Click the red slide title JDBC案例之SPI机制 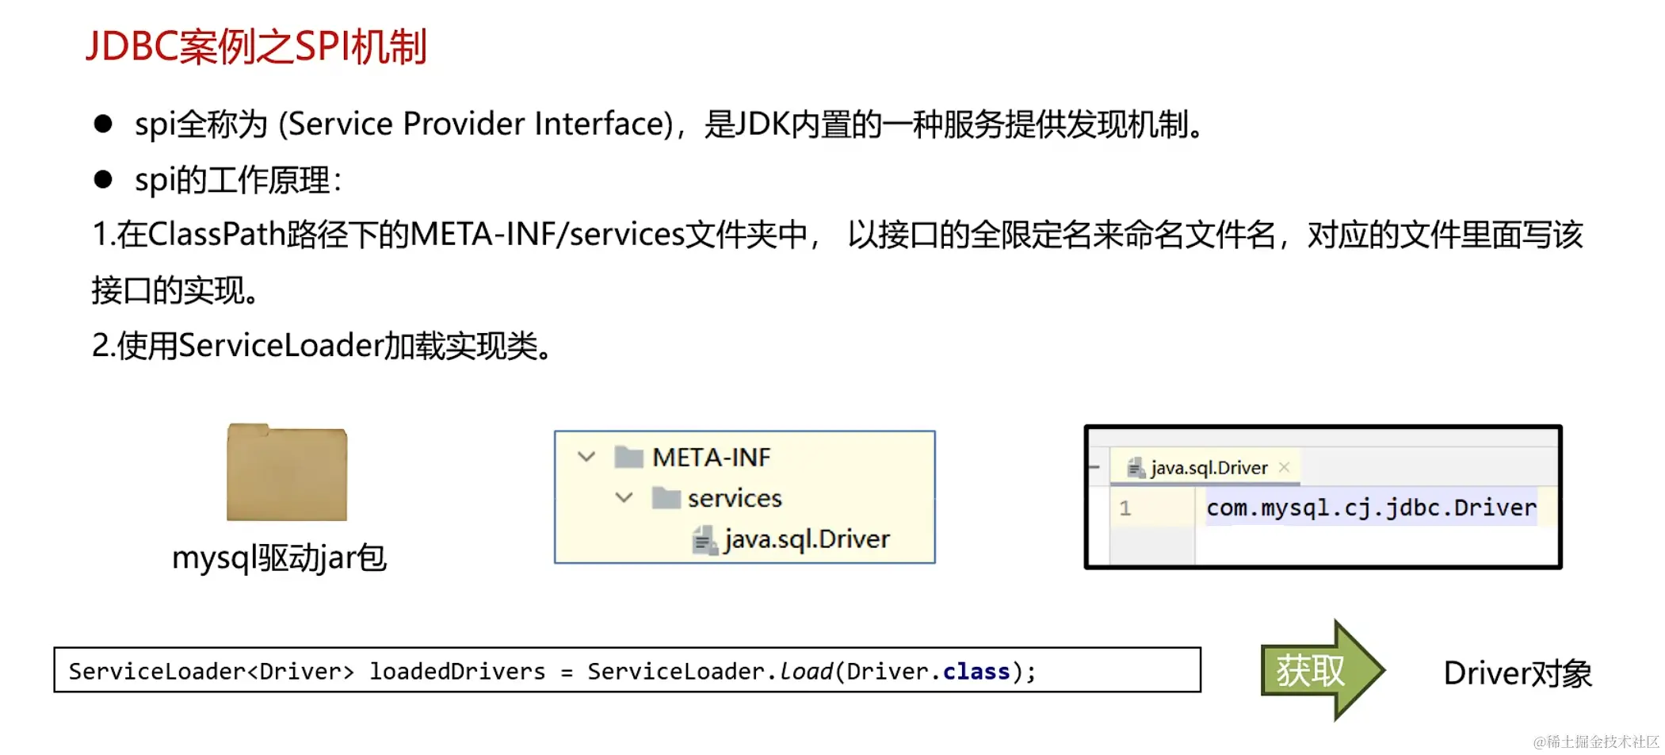[x=256, y=46]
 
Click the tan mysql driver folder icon [x=286, y=473]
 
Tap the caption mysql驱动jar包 [x=279, y=558]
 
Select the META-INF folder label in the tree [x=710, y=458]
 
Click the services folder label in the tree [x=734, y=498]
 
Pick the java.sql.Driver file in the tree [x=806, y=539]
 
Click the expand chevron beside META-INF [x=586, y=457]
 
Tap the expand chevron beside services [x=624, y=497]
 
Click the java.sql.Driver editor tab [x=1208, y=468]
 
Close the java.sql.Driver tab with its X [x=1285, y=467]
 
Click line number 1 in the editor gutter [x=1125, y=508]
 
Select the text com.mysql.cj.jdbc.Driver [x=1371, y=508]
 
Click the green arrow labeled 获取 [x=1320, y=671]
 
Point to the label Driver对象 [x=1517, y=673]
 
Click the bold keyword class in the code [x=976, y=672]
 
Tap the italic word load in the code [x=806, y=672]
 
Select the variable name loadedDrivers [x=457, y=672]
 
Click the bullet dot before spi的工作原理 [x=103, y=179]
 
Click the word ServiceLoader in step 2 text [x=281, y=346]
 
